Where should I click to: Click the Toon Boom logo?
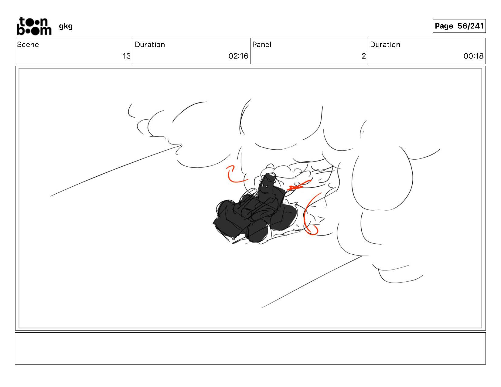(34, 26)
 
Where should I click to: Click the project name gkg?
(66, 26)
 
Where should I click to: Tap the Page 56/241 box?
(459, 26)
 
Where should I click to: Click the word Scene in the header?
(28, 45)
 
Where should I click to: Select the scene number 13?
(126, 56)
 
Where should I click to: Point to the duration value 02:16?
(238, 56)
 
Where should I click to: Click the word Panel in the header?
(262, 45)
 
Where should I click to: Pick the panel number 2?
(363, 56)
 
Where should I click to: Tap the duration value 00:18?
(474, 56)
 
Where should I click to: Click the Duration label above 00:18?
(385, 45)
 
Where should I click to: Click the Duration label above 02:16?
(150, 45)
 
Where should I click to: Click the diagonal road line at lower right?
(312, 282)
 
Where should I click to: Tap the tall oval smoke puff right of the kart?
(382, 179)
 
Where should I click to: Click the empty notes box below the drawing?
(250, 348)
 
